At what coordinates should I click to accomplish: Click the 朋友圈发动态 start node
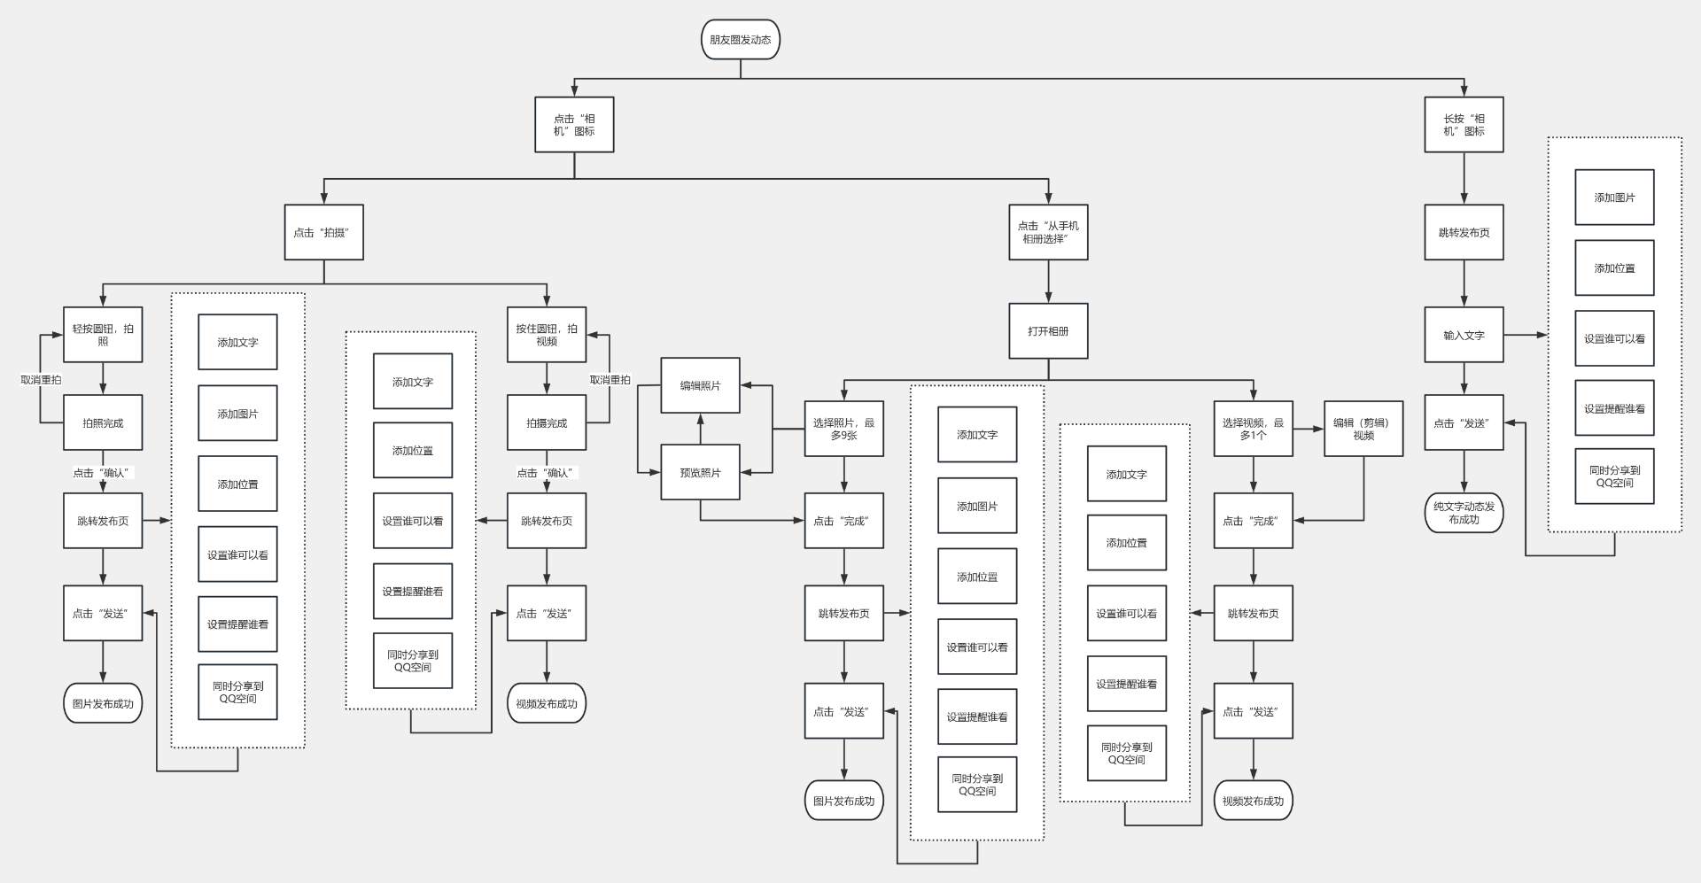tap(740, 40)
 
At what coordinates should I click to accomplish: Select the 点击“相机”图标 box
tap(574, 125)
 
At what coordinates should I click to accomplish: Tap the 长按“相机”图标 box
tap(1464, 125)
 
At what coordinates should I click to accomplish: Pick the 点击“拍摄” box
tap(323, 233)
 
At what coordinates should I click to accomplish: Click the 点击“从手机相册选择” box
tap(1048, 233)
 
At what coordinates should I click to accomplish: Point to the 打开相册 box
tap(1048, 331)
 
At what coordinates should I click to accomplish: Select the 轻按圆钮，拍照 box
tap(103, 335)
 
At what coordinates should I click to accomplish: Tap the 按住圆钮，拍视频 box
tap(546, 335)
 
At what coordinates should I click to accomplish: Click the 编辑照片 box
tap(700, 385)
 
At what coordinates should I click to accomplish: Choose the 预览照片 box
tap(700, 473)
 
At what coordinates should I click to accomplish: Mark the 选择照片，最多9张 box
tap(843, 430)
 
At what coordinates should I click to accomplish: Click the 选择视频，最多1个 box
tap(1253, 430)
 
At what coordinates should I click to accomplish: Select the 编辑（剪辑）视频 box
tap(1363, 430)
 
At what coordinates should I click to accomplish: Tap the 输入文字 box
tap(1464, 336)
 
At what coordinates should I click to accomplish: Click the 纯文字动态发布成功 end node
tap(1464, 513)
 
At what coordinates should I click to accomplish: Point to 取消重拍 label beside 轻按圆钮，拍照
tap(41, 380)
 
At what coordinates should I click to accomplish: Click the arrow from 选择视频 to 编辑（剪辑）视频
tap(1309, 429)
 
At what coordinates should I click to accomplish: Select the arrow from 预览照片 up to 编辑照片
tap(700, 429)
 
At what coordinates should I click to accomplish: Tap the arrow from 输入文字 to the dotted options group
tap(1526, 336)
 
